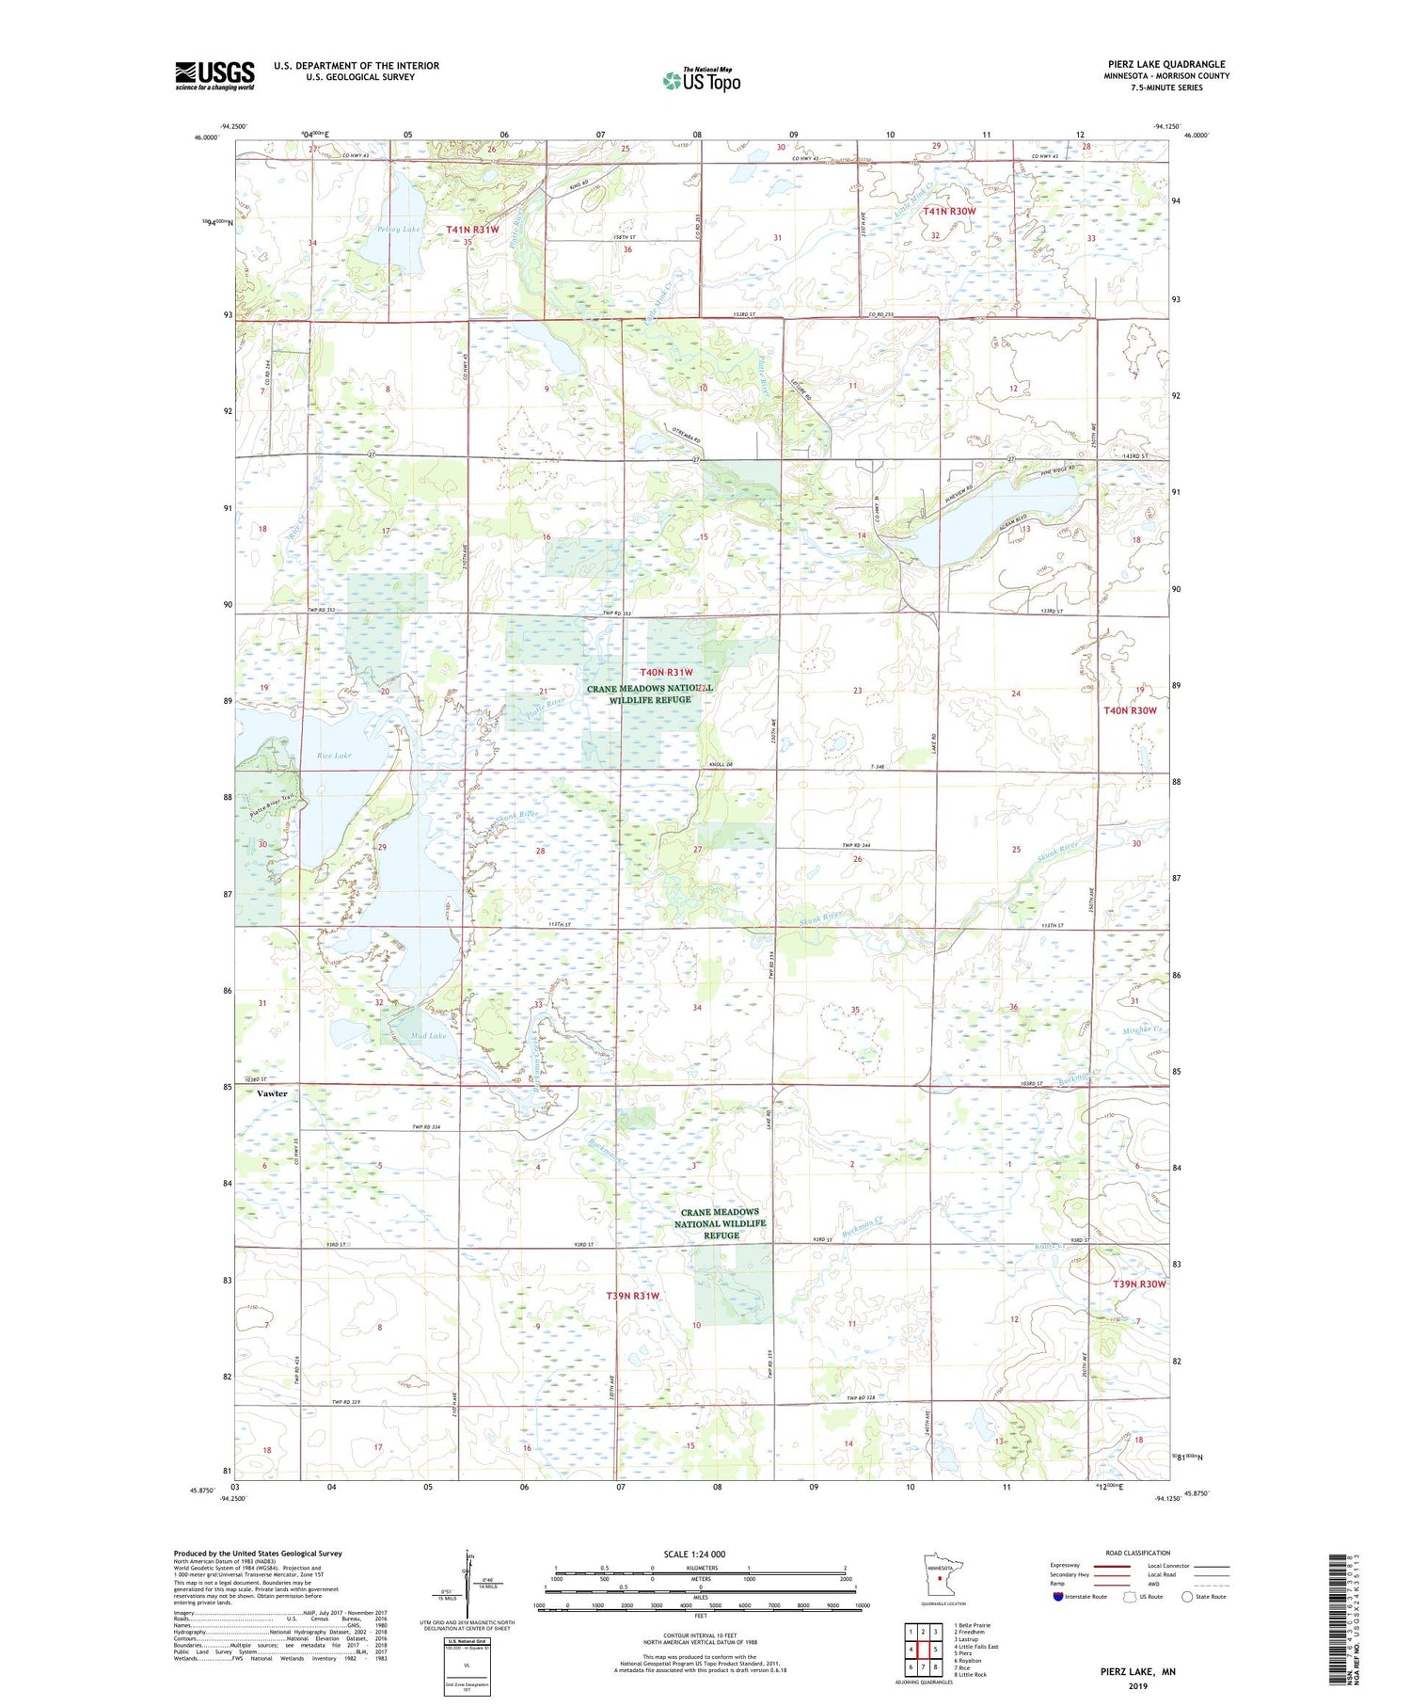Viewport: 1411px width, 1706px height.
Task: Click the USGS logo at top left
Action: click(x=214, y=75)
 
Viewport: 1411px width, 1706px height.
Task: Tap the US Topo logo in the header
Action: click(x=701, y=81)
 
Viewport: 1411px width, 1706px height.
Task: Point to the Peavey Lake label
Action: click(x=373, y=229)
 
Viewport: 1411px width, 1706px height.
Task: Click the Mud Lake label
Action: click(x=429, y=1036)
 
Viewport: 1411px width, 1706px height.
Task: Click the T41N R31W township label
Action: click(x=472, y=229)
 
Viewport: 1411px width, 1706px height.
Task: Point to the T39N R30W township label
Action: click(x=1139, y=1284)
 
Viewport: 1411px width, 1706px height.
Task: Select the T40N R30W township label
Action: click(x=1130, y=710)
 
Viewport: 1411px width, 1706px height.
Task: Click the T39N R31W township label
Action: click(x=632, y=1296)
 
